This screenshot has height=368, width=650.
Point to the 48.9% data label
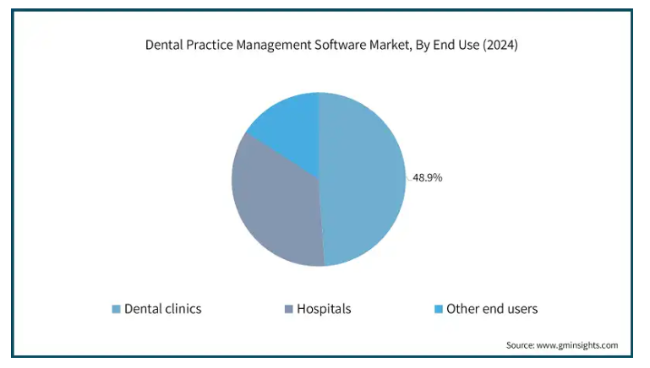coord(428,177)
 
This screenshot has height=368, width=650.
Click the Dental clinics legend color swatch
coord(116,309)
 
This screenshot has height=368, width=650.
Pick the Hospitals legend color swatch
coord(288,309)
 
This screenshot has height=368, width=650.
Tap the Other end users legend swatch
coord(438,309)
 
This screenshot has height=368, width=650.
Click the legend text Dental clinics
coord(163,309)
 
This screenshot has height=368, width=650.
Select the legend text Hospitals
coord(324,309)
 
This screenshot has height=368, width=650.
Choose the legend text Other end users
coord(492,309)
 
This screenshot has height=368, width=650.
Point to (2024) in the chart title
coord(500,45)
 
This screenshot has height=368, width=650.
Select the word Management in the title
coord(274,45)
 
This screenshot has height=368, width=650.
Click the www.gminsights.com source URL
coord(577,345)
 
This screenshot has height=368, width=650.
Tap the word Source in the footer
coord(520,345)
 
